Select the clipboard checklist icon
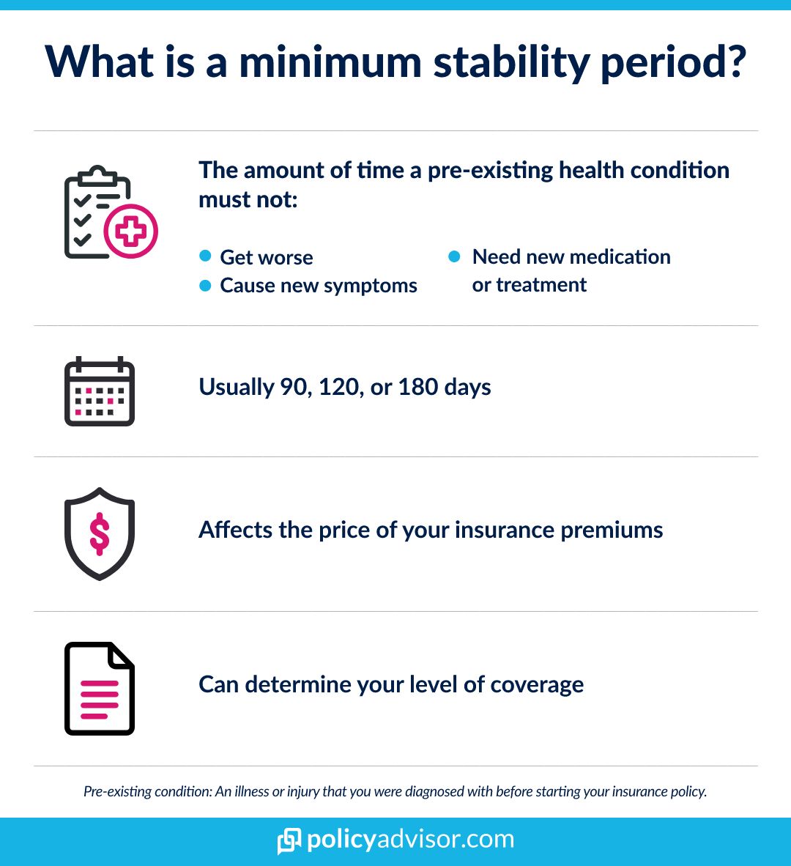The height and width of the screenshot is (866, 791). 97,212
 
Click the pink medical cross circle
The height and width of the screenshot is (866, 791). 131,232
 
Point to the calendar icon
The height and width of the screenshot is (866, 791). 100,391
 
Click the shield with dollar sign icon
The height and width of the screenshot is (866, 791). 100,533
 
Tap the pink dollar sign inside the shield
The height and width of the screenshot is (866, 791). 100,533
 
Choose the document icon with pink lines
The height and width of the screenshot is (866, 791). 100,688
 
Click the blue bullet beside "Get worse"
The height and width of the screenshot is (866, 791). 206,256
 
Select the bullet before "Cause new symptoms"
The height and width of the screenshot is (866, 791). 206,285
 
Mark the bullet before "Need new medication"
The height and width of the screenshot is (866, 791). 454,256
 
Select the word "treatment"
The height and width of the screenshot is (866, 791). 541,285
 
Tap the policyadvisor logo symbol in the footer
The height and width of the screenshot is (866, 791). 289,840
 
